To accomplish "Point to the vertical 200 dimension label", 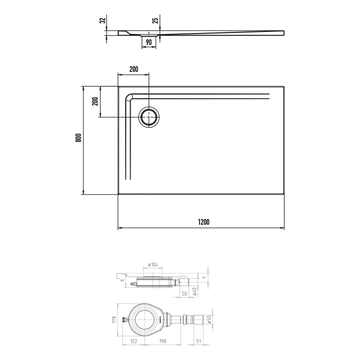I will pyautogui.click(x=95, y=101).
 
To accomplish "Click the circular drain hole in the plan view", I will pyautogui.click(x=150, y=117).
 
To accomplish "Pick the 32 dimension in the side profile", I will pyautogui.click(x=103, y=21).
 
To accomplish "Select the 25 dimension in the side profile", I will pyautogui.click(x=155, y=21).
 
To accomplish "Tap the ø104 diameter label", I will pyautogui.click(x=153, y=264).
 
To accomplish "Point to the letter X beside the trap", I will pyautogui.click(x=122, y=281).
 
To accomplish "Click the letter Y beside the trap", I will pyautogui.click(x=205, y=278).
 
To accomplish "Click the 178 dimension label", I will pyautogui.click(x=116, y=319).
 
